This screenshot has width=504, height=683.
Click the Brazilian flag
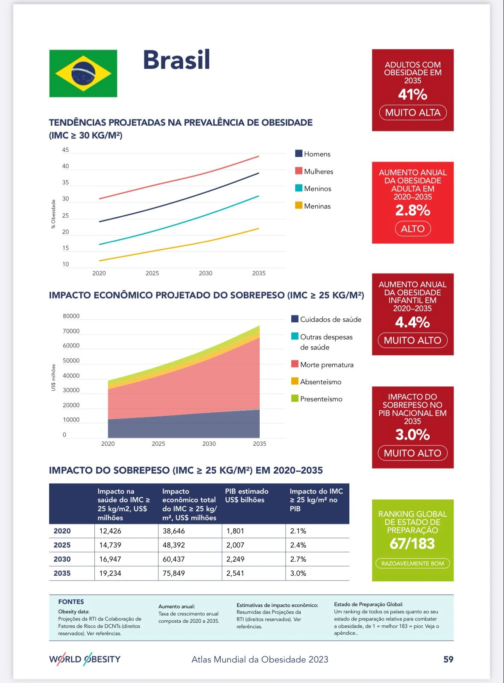pyautogui.click(x=83, y=73)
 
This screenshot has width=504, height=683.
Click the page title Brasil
pyautogui.click(x=176, y=60)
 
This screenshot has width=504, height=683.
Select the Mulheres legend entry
pyautogui.click(x=314, y=171)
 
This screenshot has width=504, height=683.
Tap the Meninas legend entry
pyautogui.click(x=313, y=206)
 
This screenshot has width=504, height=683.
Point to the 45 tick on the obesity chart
pyautogui.click(x=65, y=150)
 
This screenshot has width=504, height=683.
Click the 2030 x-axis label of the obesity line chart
pyautogui.click(x=205, y=273)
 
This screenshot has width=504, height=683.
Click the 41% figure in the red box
pyautogui.click(x=413, y=94)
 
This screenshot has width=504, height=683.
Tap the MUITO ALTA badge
pyautogui.click(x=413, y=112)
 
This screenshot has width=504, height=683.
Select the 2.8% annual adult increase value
pyautogui.click(x=413, y=210)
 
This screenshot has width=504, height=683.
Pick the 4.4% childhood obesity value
pyautogui.click(x=413, y=322)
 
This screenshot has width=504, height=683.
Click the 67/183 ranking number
pyautogui.click(x=412, y=544)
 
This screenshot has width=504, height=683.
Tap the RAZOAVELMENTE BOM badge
pyautogui.click(x=413, y=563)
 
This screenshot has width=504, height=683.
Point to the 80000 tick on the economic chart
pyautogui.click(x=71, y=316)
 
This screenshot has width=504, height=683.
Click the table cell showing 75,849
pyautogui.click(x=174, y=573)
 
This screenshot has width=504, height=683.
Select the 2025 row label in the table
pyautogui.click(x=62, y=545)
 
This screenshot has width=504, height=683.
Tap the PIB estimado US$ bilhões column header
pyautogui.click(x=247, y=496)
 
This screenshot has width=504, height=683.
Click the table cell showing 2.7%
pyautogui.click(x=298, y=559)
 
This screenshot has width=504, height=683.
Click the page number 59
pyautogui.click(x=448, y=659)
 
